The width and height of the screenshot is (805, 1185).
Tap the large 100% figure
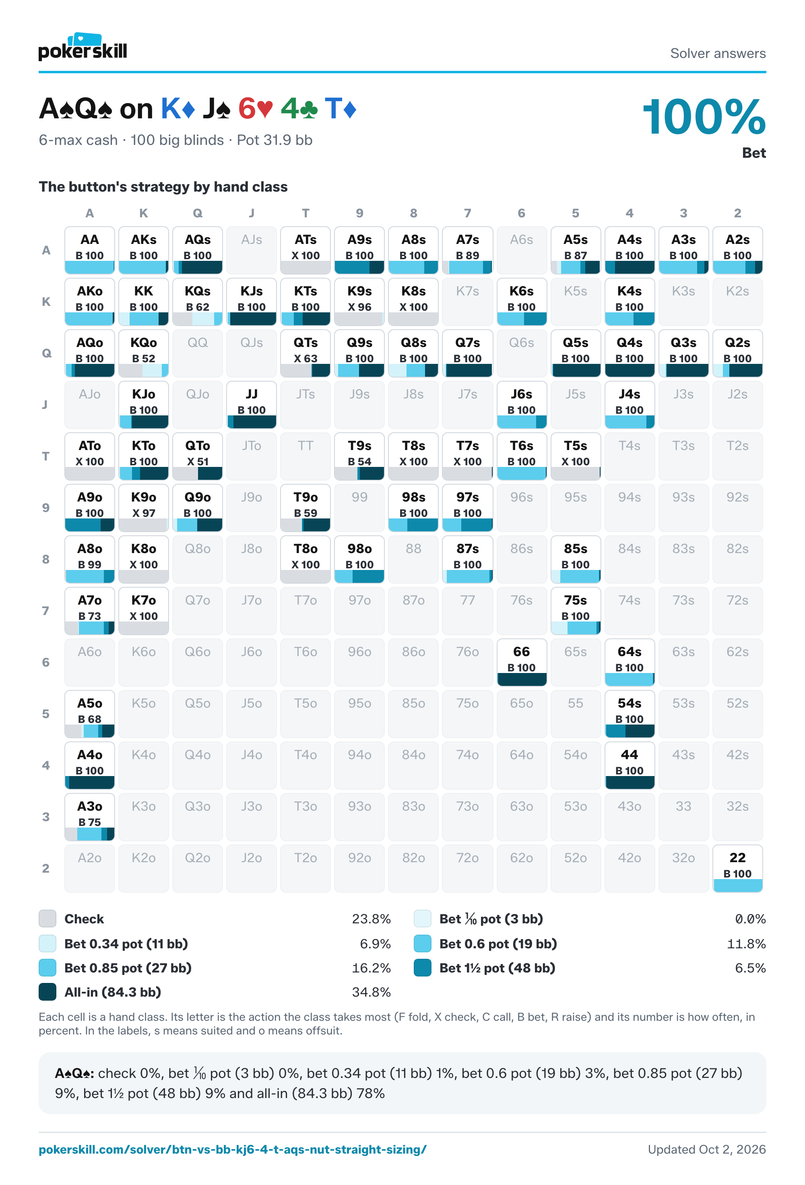704,117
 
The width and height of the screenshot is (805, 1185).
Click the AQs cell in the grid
197,250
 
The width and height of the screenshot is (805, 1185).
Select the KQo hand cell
143,353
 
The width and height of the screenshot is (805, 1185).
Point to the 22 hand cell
737,868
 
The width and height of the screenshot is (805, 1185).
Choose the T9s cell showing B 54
359,456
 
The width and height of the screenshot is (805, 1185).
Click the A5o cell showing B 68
90,713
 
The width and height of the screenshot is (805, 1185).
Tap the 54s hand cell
630,713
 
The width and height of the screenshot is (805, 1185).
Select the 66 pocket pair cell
522,662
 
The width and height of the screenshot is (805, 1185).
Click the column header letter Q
197,213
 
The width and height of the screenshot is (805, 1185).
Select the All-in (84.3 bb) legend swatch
47,992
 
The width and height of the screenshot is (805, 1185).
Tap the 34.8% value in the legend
371,992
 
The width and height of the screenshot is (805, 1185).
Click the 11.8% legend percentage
746,943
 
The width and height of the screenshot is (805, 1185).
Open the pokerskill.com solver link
233,1149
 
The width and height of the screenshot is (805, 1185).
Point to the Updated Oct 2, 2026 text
707,1149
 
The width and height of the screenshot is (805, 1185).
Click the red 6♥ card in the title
256,109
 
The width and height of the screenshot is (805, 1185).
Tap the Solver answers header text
718,53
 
